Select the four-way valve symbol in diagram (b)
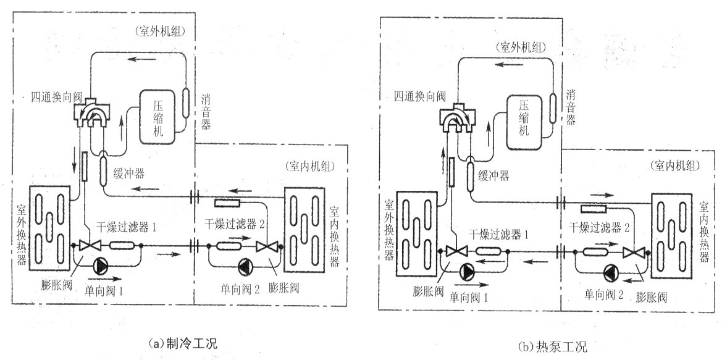456,120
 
